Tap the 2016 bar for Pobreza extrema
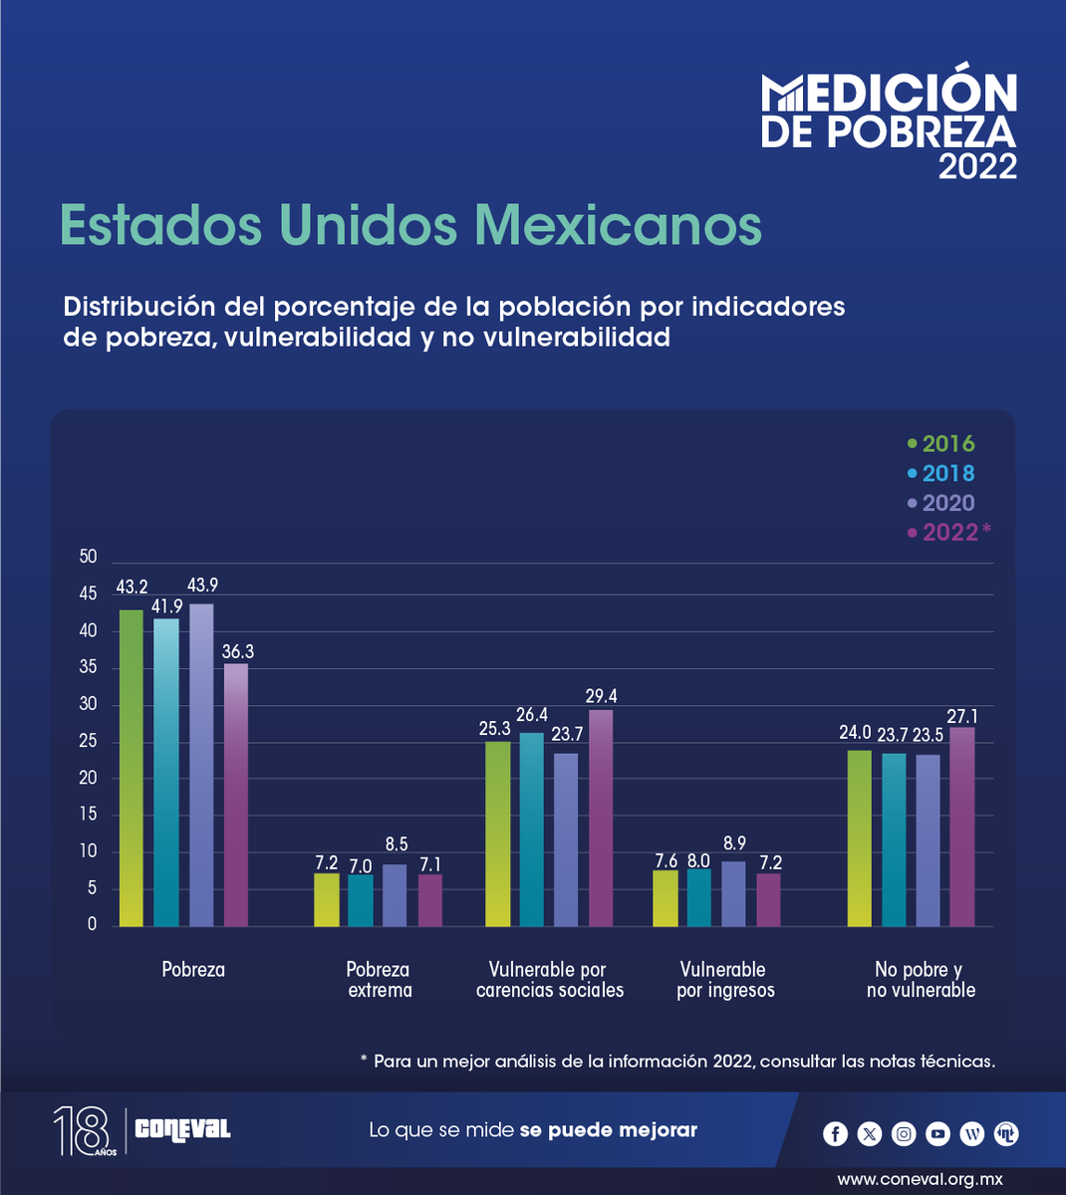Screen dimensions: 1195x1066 (x=327, y=900)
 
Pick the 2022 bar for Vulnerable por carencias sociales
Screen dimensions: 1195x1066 (x=601, y=818)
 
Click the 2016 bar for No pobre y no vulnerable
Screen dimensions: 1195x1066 (x=859, y=838)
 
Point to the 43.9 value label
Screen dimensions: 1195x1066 (x=202, y=588)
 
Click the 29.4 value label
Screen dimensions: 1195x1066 (x=601, y=696)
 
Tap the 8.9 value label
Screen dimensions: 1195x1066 (x=733, y=844)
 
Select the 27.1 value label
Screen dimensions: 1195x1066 (x=961, y=715)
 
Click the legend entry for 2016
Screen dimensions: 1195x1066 (x=941, y=444)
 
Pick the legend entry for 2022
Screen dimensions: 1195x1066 (x=949, y=533)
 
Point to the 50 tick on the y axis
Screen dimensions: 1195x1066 (x=89, y=557)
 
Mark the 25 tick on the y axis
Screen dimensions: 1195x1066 (x=89, y=741)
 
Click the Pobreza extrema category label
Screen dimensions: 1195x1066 (x=379, y=980)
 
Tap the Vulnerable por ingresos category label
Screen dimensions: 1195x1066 (x=724, y=980)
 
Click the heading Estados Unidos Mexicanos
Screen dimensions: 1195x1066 (x=410, y=224)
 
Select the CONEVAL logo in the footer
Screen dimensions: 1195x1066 (x=182, y=1129)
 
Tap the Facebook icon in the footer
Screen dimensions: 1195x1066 (x=836, y=1133)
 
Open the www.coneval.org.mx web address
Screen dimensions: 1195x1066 (x=920, y=1179)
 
